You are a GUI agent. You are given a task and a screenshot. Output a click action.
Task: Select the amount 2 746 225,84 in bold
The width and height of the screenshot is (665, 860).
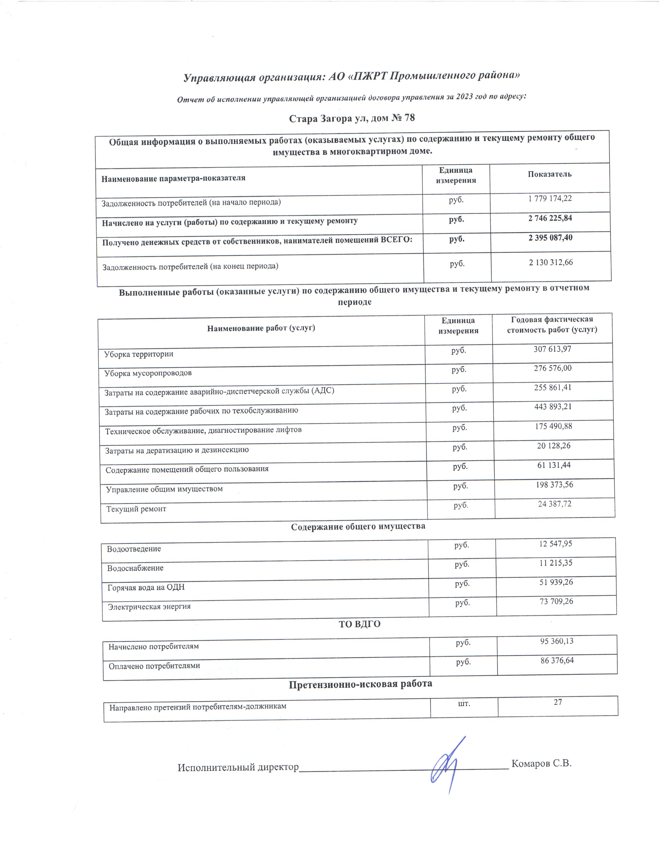pyautogui.click(x=550, y=218)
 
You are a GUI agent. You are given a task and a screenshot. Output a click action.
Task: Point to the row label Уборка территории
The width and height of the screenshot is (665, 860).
pyautogui.click(x=139, y=354)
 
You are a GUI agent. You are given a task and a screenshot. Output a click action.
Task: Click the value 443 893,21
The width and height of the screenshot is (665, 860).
pyautogui.click(x=553, y=407)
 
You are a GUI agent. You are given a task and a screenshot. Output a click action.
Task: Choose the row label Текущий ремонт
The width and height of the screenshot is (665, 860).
pyautogui.click(x=136, y=509)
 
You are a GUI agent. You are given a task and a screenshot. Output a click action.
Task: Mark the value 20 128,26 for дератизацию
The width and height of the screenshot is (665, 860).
pyautogui.click(x=553, y=446)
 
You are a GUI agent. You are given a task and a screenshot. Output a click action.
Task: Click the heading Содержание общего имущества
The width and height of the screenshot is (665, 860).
pyautogui.click(x=358, y=526)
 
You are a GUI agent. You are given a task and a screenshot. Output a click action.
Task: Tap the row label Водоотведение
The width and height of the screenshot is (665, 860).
pyautogui.click(x=134, y=549)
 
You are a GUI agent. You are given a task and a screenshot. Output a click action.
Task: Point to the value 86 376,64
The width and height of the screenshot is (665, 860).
pyautogui.click(x=557, y=660)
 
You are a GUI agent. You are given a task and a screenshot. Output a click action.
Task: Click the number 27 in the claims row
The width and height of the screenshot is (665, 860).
pyautogui.click(x=558, y=702)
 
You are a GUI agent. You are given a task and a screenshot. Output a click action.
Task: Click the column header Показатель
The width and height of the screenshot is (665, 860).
pyautogui.click(x=549, y=174)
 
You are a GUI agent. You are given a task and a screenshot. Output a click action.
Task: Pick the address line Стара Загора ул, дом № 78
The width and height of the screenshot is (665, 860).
pyautogui.click(x=352, y=118)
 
